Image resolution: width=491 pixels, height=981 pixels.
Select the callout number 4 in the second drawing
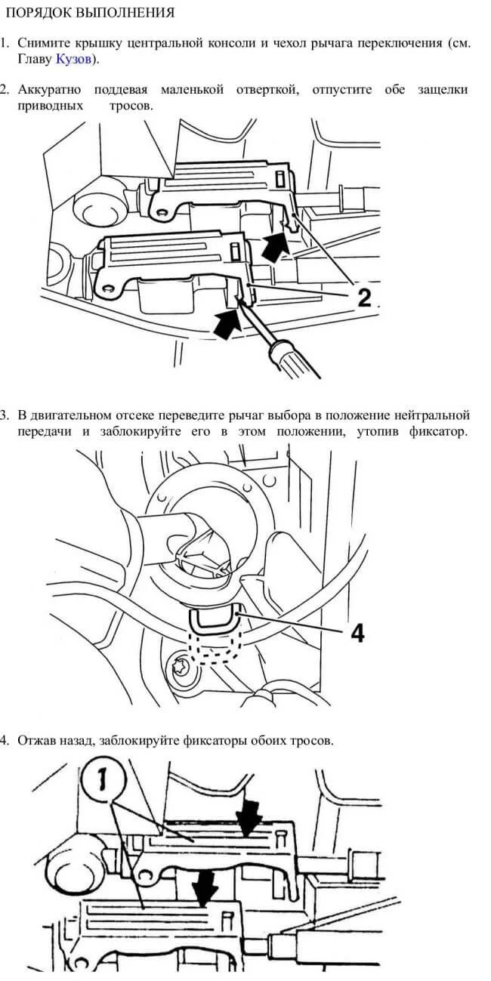357,633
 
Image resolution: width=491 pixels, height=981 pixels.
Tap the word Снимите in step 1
44,43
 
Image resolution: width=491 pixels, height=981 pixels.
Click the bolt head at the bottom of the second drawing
184,667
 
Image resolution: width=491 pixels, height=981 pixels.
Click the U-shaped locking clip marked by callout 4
215,621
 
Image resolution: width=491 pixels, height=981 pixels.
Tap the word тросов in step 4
311,740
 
